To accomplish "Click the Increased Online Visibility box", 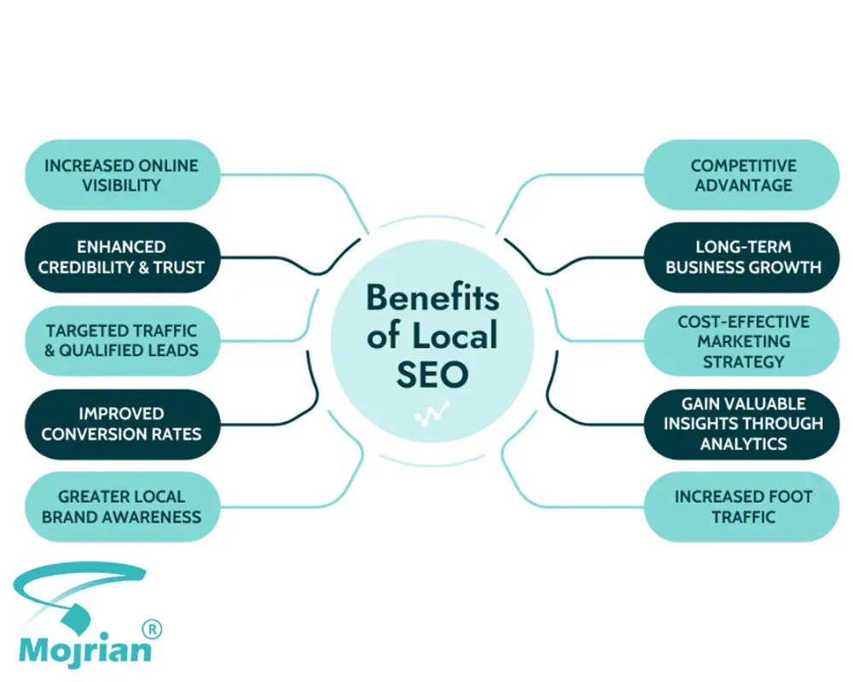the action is (x=122, y=175).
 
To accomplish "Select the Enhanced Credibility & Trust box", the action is (x=122, y=257).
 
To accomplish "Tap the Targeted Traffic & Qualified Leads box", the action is (x=122, y=341).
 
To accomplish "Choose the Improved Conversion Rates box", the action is (x=122, y=425).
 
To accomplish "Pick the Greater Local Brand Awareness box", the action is (x=122, y=507).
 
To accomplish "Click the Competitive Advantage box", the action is (x=742, y=175).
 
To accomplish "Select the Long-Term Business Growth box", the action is (x=742, y=257).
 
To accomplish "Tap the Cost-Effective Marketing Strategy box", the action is (x=742, y=341).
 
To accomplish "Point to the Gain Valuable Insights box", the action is (x=742, y=425).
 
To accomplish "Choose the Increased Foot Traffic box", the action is (x=742, y=507).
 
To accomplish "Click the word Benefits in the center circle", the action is (x=432, y=298).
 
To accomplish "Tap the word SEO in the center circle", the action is (x=432, y=374).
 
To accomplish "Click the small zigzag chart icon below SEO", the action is (x=432, y=413).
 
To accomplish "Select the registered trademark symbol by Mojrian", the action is (x=152, y=629).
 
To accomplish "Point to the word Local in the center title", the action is (x=455, y=335).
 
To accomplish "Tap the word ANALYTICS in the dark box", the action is (x=743, y=444).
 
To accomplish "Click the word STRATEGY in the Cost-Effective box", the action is (x=743, y=361).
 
